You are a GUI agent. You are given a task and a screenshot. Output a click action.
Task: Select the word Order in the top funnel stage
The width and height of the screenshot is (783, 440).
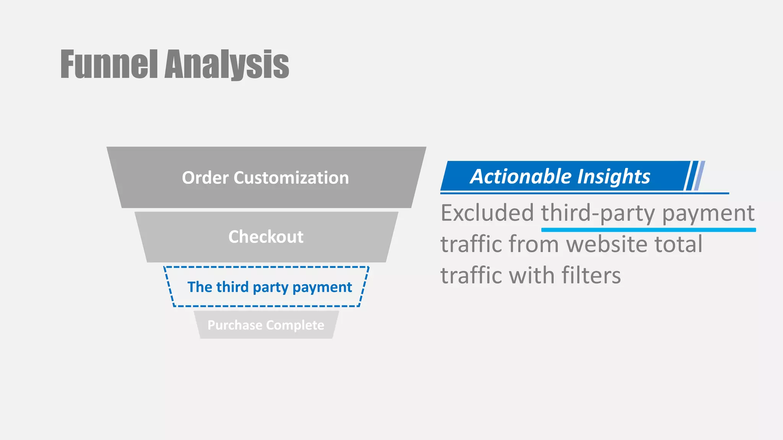click(x=205, y=178)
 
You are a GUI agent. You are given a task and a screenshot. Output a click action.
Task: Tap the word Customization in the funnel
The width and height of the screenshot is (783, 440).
click(x=291, y=178)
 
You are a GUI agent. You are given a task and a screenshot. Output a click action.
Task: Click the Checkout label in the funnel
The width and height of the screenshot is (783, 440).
click(x=266, y=237)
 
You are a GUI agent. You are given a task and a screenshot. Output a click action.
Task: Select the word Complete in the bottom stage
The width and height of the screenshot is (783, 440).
click(x=295, y=325)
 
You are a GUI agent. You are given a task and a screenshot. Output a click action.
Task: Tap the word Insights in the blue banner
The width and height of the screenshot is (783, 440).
click(x=614, y=176)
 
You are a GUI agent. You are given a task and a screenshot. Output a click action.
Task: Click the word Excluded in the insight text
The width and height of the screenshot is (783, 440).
click(x=487, y=213)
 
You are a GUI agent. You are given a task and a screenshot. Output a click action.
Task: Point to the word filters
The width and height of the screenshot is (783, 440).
click(x=591, y=276)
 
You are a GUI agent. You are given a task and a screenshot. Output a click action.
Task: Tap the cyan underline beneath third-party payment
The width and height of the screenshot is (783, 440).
click(x=648, y=230)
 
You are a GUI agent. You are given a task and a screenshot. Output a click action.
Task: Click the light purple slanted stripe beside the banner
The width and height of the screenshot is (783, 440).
click(x=700, y=176)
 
